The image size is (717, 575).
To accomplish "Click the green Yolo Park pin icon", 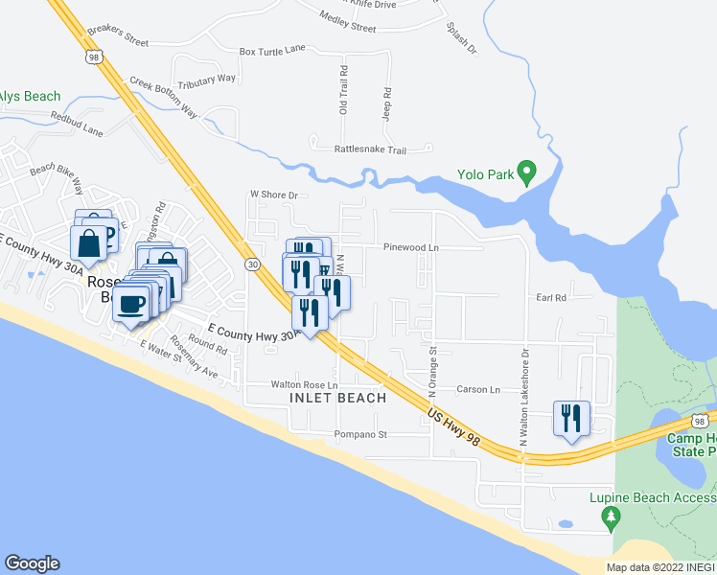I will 526,172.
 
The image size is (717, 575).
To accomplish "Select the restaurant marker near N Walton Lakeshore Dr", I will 571,419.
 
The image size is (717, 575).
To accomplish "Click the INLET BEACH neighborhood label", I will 337,398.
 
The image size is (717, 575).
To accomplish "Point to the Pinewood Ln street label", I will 410,247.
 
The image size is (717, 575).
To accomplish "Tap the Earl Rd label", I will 551,298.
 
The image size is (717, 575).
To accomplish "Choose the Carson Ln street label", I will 478,390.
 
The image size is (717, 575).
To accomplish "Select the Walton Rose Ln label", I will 305,385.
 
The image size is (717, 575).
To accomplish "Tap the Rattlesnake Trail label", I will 370,150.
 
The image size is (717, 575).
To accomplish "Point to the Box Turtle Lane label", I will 272,51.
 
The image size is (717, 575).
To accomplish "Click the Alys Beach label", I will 30,97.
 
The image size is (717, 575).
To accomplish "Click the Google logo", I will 32,563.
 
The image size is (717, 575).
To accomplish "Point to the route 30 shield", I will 251,264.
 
